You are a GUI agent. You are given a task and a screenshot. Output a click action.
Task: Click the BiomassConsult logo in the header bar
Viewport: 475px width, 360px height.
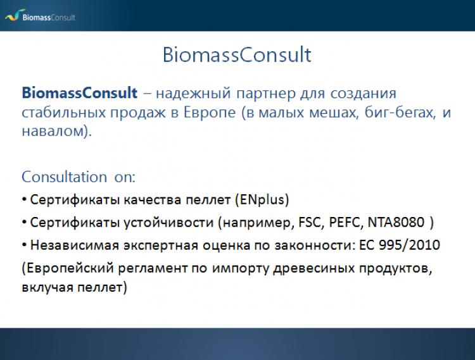pyautogui.click(x=40, y=15)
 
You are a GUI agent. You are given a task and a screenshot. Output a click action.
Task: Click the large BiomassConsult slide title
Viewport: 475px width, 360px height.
pyautogui.click(x=237, y=55)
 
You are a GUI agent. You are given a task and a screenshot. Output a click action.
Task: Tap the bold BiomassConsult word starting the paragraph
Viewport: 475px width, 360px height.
pyautogui.click(x=79, y=92)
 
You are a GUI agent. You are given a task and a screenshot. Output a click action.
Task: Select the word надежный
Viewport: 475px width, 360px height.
pyautogui.click(x=193, y=93)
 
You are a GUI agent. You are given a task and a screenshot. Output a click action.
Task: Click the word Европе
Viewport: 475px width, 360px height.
pyautogui.click(x=210, y=113)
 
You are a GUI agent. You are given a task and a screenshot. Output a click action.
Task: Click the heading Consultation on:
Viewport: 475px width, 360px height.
pyautogui.click(x=79, y=177)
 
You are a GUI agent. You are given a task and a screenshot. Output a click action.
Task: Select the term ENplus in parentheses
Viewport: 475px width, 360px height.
pyautogui.click(x=262, y=200)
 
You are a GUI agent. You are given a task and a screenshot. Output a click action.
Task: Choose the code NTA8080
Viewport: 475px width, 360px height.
pyautogui.click(x=396, y=222)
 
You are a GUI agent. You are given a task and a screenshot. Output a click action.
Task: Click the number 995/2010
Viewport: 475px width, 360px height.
pyautogui.click(x=409, y=245)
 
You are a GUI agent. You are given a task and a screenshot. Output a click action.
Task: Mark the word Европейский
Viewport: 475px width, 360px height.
pyautogui.click(x=70, y=268)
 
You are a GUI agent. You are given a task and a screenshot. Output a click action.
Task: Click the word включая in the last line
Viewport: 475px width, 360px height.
pyautogui.click(x=47, y=287)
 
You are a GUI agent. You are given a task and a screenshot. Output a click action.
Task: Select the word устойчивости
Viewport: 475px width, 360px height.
pyautogui.click(x=168, y=223)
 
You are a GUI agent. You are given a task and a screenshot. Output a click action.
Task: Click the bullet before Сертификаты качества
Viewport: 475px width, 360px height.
pyautogui.click(x=24, y=200)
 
